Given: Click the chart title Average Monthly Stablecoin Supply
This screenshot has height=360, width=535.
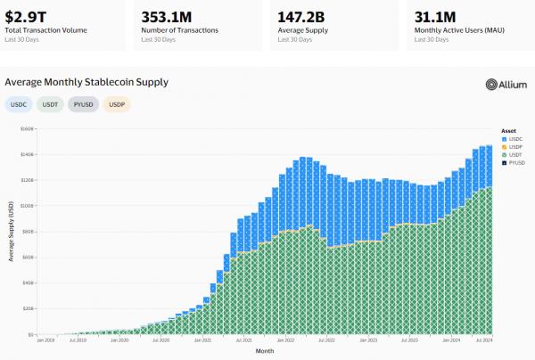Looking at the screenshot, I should (86, 82).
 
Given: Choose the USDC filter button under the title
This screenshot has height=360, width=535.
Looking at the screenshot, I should (18, 104).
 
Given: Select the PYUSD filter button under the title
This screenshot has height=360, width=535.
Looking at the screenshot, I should (86, 104).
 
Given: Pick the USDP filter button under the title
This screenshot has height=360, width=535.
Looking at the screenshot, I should (117, 104).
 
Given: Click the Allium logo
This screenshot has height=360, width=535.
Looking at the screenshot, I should (506, 84).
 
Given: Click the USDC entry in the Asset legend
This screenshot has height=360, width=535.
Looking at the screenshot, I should (513, 139).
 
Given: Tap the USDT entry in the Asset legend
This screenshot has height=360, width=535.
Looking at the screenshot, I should (513, 154).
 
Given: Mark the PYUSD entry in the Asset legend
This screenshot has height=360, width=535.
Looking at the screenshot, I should (514, 162).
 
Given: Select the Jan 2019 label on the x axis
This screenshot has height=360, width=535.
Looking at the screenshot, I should (46, 340).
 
